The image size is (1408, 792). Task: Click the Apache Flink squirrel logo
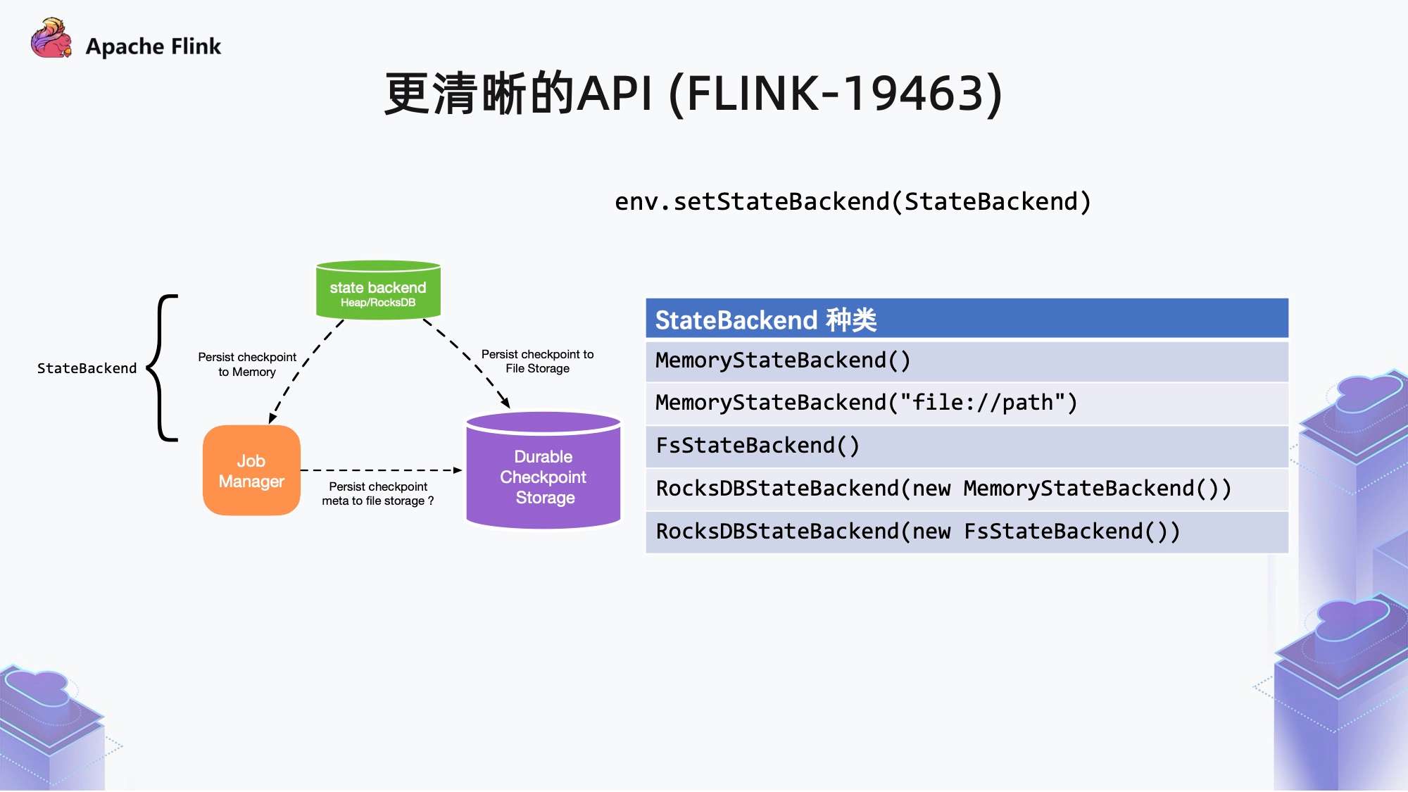pos(51,39)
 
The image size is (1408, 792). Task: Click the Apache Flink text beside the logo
pos(153,46)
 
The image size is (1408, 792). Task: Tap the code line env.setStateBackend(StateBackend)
pos(852,202)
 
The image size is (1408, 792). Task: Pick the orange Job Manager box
pos(251,471)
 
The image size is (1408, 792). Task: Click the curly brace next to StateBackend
pos(163,367)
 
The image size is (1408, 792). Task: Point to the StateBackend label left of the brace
pos(87,368)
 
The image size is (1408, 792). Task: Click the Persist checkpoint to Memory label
pos(246,365)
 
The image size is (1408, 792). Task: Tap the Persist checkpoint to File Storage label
pos(537,361)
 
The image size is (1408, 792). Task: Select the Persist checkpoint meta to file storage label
pos(378,494)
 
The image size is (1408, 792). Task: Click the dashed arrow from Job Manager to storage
pos(380,470)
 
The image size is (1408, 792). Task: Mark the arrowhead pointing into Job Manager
pos(272,418)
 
